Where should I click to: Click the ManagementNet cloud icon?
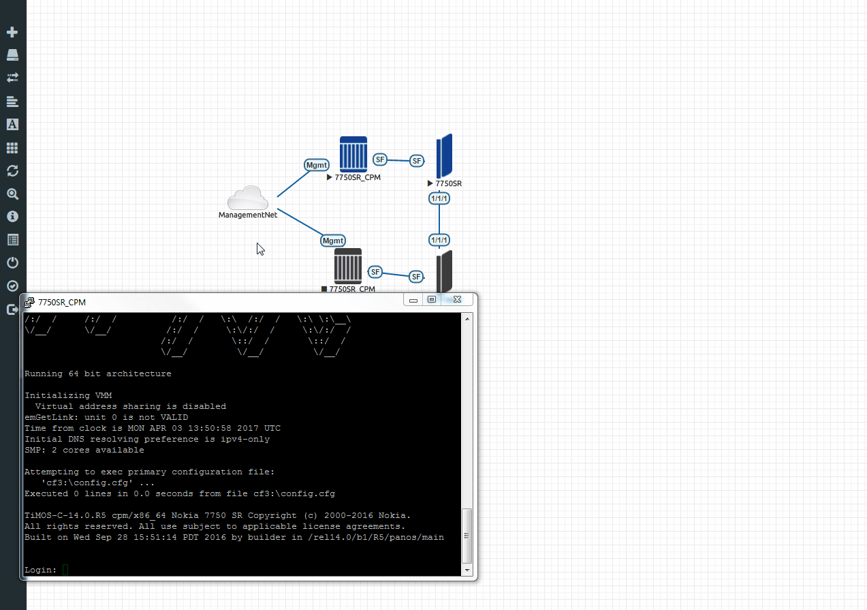[248, 198]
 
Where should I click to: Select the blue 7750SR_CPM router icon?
[353, 154]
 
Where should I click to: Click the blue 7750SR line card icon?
[444, 155]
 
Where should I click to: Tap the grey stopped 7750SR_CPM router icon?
[348, 266]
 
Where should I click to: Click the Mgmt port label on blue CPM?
[317, 165]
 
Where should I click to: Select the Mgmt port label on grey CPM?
[333, 241]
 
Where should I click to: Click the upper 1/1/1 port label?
[439, 199]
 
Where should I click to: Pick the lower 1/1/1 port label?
[439, 240]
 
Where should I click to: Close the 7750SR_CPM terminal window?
[457, 299]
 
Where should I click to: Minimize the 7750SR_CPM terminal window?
[413, 300]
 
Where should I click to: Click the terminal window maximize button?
[432, 299]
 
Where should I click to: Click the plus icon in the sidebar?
[12, 32]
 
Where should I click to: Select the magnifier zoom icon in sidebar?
[12, 194]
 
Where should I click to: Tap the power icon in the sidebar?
[12, 262]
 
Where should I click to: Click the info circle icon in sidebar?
[12, 217]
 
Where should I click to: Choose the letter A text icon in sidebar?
[12, 124]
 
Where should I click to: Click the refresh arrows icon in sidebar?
[12, 171]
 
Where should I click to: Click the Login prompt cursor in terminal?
[65, 570]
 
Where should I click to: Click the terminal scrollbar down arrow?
[467, 570]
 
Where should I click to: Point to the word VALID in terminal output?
[174, 417]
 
